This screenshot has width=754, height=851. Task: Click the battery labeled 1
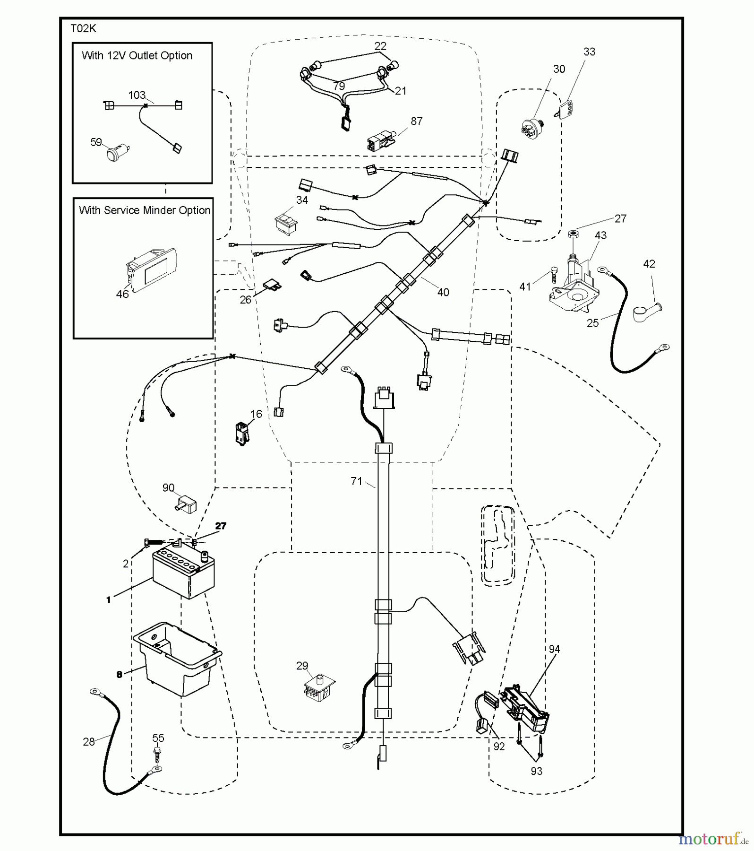click(x=183, y=574)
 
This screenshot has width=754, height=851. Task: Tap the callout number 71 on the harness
click(x=356, y=481)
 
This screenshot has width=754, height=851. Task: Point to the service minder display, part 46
click(x=150, y=270)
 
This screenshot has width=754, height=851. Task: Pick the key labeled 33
click(x=566, y=110)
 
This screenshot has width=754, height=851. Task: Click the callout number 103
click(x=137, y=95)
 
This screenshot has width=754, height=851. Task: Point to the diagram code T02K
click(x=83, y=29)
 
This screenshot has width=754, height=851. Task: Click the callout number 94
click(x=554, y=649)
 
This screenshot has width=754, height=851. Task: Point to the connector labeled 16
click(x=242, y=433)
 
